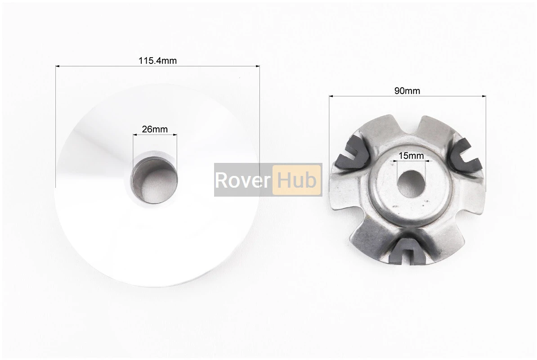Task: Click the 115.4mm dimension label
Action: pos(157,61)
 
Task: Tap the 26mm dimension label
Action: pos(155,129)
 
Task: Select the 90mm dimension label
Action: pos(407,91)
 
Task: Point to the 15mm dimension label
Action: pos(411,156)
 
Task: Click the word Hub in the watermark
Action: pos(296,180)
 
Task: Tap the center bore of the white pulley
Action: pos(155,180)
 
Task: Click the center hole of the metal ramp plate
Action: pos(411,184)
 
